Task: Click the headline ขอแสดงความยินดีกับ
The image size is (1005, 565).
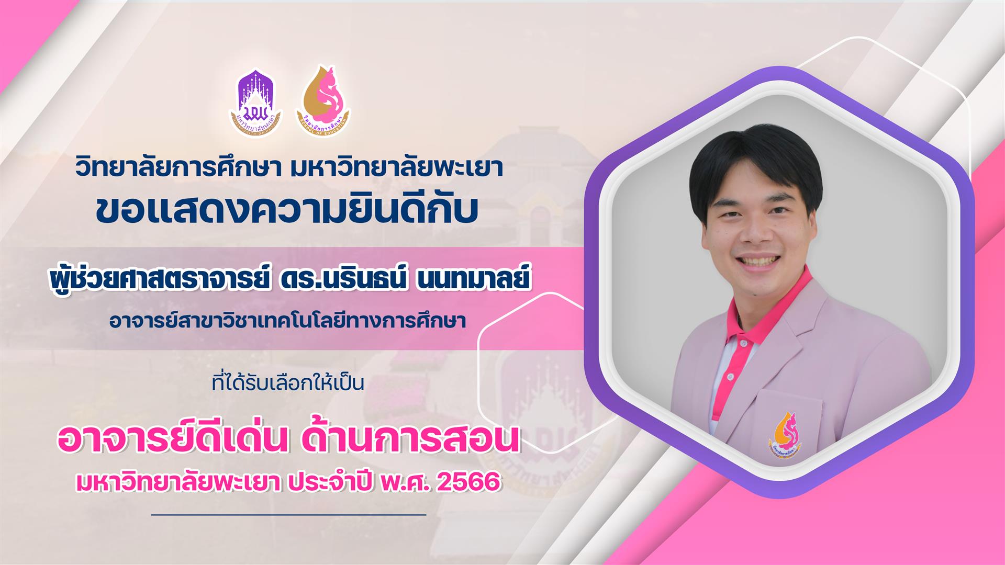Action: (287, 210)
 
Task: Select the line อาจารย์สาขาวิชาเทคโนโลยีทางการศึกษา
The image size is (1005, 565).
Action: (287, 320)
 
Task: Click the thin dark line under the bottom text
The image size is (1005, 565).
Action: (288, 515)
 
